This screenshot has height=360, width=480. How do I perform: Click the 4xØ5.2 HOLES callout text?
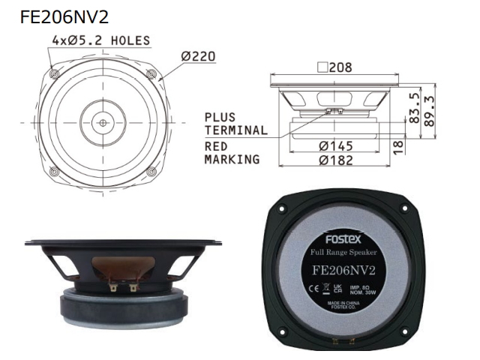(100, 40)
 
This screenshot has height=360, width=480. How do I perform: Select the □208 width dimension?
(334, 67)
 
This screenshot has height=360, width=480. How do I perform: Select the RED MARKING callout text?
(232, 153)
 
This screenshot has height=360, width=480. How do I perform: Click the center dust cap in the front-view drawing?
(102, 120)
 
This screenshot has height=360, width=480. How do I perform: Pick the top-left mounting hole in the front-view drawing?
(53, 73)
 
